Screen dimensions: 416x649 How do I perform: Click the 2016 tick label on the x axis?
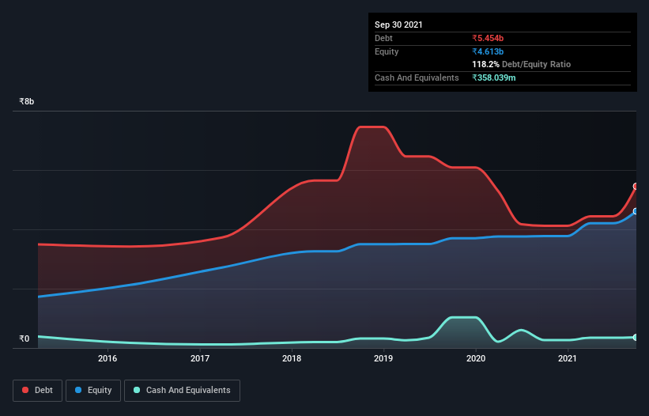(108, 358)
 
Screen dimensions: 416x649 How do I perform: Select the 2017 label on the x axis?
(200, 358)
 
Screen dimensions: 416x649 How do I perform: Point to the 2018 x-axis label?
(292, 358)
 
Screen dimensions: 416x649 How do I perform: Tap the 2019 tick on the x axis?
(383, 358)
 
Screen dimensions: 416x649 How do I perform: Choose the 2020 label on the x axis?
(476, 358)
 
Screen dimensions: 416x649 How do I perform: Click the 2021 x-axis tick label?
(568, 358)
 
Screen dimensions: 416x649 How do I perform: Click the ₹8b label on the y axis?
(27, 102)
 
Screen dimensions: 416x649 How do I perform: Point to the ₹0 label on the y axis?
(25, 338)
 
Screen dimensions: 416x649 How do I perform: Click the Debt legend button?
(38, 390)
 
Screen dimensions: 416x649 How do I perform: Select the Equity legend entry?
(95, 390)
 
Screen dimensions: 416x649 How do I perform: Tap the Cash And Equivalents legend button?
(182, 390)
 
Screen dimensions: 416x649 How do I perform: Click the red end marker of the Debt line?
(636, 187)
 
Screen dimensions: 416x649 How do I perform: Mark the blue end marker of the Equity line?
(636, 211)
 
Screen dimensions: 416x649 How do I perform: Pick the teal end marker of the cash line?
(636, 338)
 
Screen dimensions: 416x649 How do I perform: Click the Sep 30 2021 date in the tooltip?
(398, 25)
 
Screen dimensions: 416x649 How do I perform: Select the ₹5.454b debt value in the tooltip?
(488, 38)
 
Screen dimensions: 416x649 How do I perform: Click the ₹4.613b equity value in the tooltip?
(488, 51)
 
